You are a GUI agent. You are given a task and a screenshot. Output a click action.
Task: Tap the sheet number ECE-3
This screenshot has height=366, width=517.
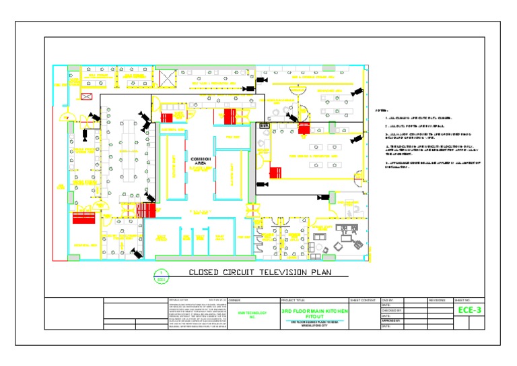[x=469, y=310]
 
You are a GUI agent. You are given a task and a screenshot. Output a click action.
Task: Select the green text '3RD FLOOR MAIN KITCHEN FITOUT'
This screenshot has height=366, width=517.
[x=314, y=313]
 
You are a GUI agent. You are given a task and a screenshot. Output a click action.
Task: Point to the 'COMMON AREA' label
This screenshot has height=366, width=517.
[x=201, y=160]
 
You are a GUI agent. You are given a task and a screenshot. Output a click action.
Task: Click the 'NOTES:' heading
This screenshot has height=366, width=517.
[x=381, y=110]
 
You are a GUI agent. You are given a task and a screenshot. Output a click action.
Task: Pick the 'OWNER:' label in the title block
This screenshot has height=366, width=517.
[x=235, y=299]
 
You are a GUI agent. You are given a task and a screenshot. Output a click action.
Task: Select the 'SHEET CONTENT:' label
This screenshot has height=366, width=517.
[x=364, y=299]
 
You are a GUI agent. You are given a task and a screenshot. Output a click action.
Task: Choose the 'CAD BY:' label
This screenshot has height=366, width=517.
[x=388, y=299]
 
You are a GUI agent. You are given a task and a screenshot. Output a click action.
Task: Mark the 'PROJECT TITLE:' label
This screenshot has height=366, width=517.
[x=293, y=299]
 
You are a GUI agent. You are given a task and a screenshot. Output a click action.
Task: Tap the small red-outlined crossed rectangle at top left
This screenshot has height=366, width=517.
[x=86, y=96]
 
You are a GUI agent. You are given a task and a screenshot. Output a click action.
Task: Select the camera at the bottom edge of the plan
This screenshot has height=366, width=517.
[x=137, y=253]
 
